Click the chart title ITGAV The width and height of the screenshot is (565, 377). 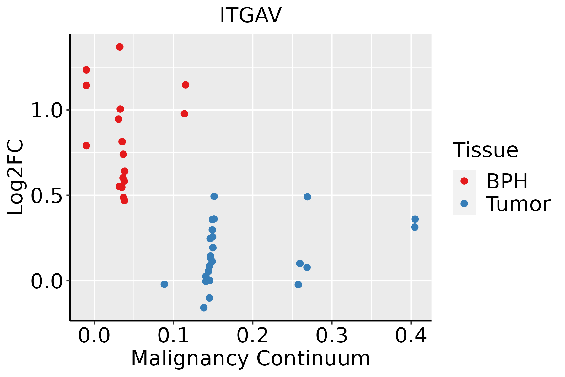tap(250, 15)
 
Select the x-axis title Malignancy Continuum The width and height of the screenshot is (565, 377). tap(250, 358)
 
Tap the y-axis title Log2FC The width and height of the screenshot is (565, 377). tap(15, 177)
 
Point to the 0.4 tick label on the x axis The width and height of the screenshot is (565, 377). tap(411, 336)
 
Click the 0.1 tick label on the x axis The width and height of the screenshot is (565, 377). tap(173, 336)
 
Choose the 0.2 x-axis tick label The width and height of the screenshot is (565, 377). tap(252, 336)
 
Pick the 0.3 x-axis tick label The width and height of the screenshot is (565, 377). tap(331, 336)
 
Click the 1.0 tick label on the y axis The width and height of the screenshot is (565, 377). tap(47, 110)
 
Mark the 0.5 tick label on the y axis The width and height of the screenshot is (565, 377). tap(47, 196)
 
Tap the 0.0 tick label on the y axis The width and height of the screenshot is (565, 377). tap(47, 281)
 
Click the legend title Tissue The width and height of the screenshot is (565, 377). tap(486, 150)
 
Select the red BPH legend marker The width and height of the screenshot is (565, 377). tap(464, 181)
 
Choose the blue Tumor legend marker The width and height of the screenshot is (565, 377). tap(464, 204)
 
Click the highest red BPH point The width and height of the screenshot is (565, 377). tap(120, 47)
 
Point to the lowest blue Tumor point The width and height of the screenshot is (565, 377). tap(204, 308)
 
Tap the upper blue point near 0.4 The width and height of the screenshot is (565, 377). tap(415, 219)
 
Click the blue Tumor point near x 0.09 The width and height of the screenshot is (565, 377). tap(164, 284)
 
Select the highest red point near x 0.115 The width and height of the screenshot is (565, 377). tap(186, 85)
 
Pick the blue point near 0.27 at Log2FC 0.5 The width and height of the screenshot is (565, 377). tap(307, 197)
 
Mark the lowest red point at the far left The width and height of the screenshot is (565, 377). tap(86, 145)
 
